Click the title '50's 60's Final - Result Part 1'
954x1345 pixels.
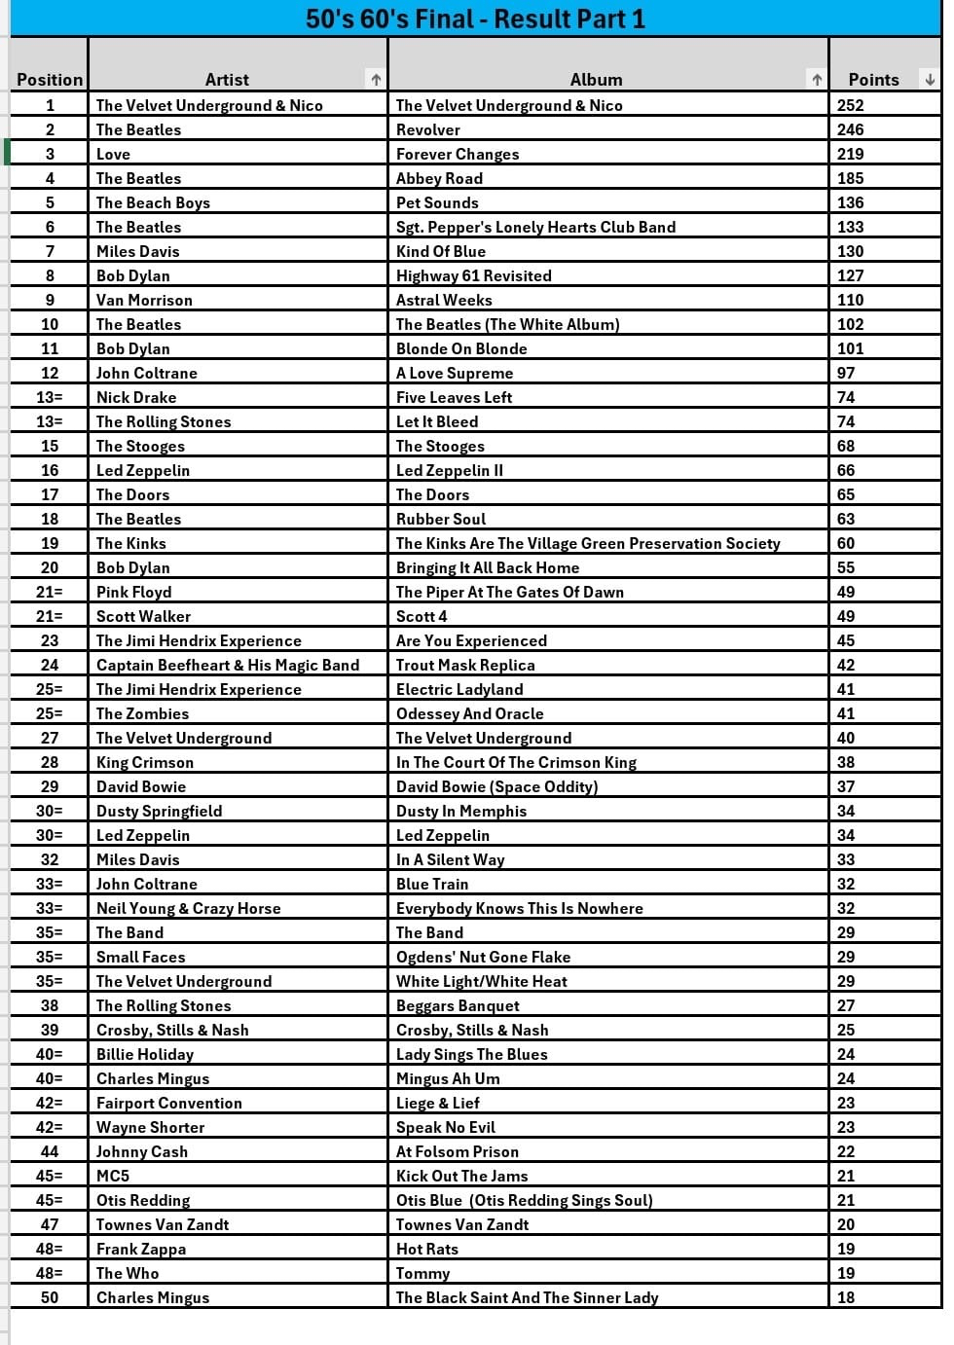475,18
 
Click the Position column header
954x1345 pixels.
50,80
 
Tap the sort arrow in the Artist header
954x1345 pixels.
376,80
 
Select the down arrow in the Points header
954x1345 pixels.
930,80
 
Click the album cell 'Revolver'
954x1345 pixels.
428,129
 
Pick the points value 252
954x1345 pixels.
850,105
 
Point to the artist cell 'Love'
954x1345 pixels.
113,154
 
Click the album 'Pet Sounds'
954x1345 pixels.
437,202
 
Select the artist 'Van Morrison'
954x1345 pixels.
144,300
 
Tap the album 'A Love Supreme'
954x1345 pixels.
455,373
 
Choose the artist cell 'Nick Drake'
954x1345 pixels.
136,397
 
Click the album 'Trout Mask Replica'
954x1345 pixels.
465,665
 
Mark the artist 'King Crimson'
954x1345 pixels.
145,762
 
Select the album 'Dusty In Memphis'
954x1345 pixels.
461,811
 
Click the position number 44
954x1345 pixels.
50,1151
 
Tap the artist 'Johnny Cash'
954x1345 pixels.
142,1151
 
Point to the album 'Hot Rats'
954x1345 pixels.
427,1249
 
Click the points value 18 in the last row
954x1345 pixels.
846,1297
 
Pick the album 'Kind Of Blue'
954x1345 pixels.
441,251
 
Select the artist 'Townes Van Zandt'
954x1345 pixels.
163,1224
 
